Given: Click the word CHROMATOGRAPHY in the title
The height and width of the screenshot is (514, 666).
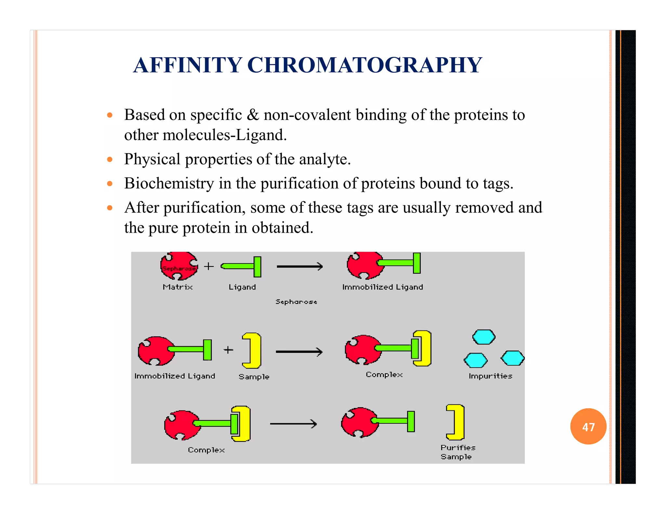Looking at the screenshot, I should (365, 65).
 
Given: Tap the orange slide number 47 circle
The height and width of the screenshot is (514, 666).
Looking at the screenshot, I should (588, 427).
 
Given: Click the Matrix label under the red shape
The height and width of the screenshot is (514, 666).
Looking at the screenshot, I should (178, 287).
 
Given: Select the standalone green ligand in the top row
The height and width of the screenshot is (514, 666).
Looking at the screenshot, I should (242, 266).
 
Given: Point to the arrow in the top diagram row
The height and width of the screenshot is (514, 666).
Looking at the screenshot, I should (300, 267).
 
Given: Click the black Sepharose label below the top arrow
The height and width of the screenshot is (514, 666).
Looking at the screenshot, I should (296, 302).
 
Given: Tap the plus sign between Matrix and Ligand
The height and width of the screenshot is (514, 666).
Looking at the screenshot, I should (209, 266).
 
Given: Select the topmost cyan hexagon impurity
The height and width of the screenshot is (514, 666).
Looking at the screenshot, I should (484, 337).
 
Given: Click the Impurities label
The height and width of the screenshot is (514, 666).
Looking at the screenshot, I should (490, 376).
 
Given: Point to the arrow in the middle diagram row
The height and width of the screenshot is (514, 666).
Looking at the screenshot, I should (299, 352).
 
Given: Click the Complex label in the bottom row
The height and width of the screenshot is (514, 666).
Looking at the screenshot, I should (206, 450).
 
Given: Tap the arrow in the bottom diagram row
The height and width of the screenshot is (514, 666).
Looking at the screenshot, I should (293, 424).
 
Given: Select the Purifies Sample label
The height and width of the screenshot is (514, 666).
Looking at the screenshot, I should (458, 452).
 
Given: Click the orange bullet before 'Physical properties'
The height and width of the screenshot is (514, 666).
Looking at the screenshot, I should (110, 160).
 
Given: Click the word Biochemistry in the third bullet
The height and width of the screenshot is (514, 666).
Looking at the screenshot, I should (169, 183).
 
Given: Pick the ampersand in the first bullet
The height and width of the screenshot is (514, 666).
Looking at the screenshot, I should (253, 115).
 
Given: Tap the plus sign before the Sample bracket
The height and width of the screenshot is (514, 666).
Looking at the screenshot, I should (229, 350).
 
